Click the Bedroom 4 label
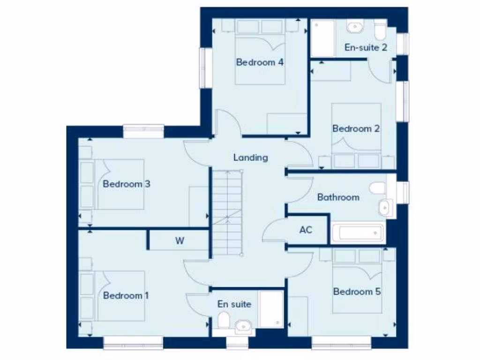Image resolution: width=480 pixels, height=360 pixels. (260, 62)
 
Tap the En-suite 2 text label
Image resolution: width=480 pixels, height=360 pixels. (366, 47)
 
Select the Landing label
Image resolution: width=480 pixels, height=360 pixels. (251, 157)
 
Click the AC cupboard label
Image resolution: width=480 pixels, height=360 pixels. (306, 230)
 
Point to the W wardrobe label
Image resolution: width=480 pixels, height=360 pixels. (180, 241)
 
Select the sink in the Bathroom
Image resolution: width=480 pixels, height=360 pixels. (385, 207)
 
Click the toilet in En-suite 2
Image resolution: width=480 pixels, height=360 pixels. (380, 31)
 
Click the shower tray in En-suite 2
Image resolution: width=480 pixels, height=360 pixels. (323, 38)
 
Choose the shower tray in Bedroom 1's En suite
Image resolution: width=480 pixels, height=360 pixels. (271, 309)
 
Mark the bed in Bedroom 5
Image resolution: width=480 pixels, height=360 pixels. (356, 286)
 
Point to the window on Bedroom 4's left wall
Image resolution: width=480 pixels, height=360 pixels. (203, 67)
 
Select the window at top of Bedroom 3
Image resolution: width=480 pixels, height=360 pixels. (143, 131)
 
